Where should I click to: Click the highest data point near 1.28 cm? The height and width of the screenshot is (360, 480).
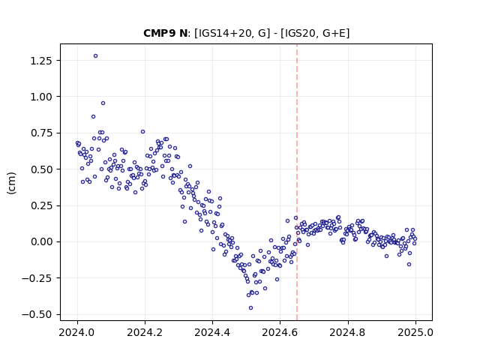click(x=95, y=56)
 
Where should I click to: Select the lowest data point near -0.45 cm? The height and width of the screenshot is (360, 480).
click(x=250, y=308)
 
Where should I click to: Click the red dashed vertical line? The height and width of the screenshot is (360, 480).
click(x=297, y=182)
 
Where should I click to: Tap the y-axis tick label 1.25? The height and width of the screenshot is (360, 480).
click(x=41, y=61)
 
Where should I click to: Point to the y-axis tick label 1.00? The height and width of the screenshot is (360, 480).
click(x=41, y=97)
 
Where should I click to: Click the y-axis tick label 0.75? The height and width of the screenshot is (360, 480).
click(x=41, y=133)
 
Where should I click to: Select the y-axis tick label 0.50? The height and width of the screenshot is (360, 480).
click(x=41, y=169)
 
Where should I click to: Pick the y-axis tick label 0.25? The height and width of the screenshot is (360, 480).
click(x=41, y=205)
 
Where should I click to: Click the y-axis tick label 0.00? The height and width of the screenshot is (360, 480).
click(x=41, y=241)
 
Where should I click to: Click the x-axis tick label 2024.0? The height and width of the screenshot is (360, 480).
click(x=77, y=332)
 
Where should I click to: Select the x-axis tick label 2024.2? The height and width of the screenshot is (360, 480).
click(x=145, y=332)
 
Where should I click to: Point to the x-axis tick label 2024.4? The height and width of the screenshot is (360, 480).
click(x=212, y=332)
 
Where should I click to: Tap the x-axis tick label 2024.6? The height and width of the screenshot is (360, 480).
click(x=280, y=332)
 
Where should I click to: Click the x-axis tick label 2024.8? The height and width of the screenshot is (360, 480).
click(x=347, y=332)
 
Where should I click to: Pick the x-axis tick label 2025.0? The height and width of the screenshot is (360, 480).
click(x=415, y=332)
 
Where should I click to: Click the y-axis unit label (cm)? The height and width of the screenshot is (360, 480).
click(x=12, y=183)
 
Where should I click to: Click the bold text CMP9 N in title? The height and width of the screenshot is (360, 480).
click(x=165, y=33)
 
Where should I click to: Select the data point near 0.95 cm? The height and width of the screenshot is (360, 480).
click(x=103, y=103)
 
